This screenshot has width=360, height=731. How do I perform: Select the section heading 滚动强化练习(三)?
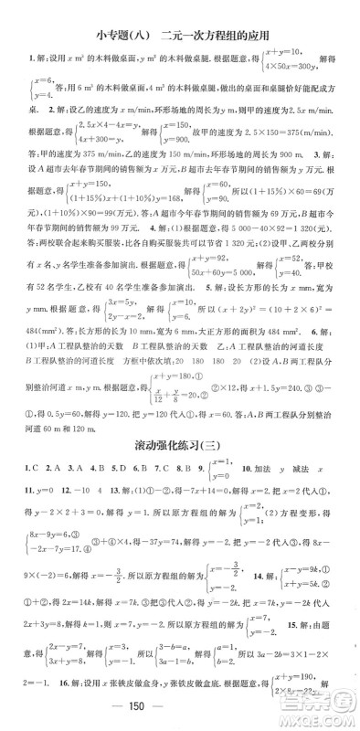coord(179,447)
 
